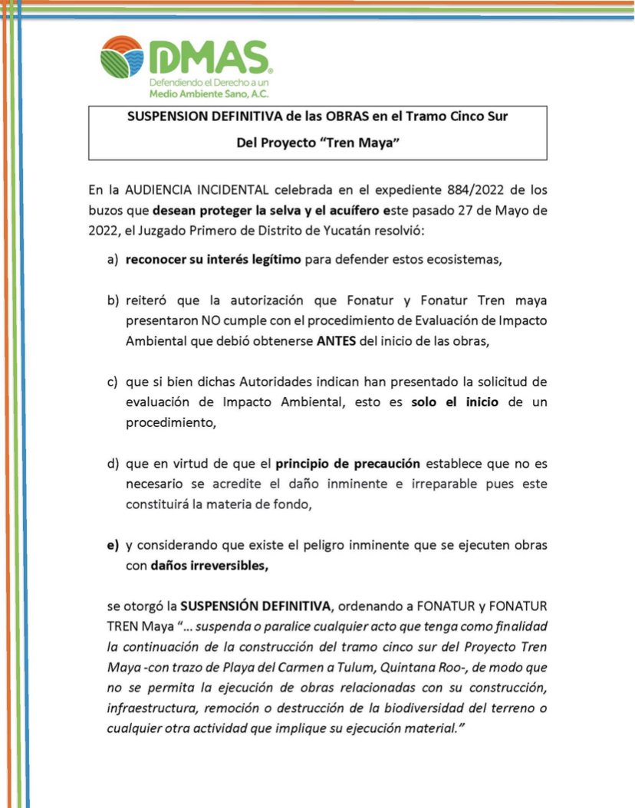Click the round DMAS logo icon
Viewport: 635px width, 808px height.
121,56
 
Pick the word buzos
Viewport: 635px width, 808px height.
108,208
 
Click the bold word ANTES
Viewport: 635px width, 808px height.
335,341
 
